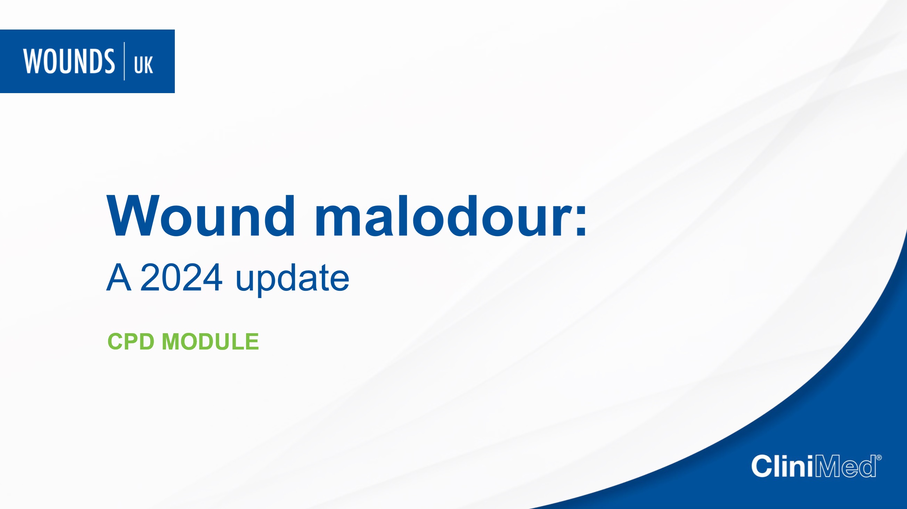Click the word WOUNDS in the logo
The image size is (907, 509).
[69, 61]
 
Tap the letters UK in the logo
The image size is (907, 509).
[144, 65]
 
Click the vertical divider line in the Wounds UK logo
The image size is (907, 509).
[124, 61]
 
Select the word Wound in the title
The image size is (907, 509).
[201, 216]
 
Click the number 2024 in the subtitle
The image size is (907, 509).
[181, 277]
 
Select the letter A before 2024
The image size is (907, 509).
[119, 277]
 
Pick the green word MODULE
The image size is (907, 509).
[210, 342]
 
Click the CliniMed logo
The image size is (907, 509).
[817, 466]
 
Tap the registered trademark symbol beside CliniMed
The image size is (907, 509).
[879, 458]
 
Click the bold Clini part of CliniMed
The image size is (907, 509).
[783, 466]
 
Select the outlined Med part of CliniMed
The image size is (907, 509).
[846, 466]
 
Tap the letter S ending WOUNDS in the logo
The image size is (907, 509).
[109, 61]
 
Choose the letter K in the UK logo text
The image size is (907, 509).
[149, 65]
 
